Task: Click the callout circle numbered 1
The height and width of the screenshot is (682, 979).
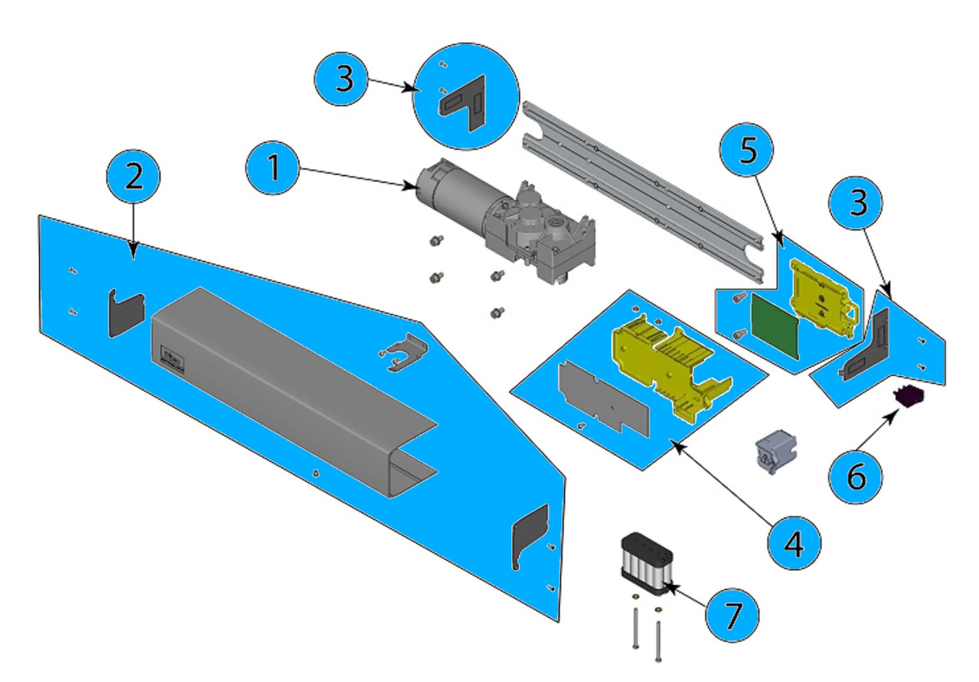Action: tap(273, 169)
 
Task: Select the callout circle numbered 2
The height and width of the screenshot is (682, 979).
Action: tap(134, 176)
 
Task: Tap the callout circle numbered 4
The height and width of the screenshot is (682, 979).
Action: tap(794, 543)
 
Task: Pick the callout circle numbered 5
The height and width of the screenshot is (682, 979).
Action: tap(747, 151)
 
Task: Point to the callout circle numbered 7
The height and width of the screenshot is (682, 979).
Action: tap(732, 615)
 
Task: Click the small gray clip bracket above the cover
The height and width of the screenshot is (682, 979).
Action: tap(405, 352)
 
